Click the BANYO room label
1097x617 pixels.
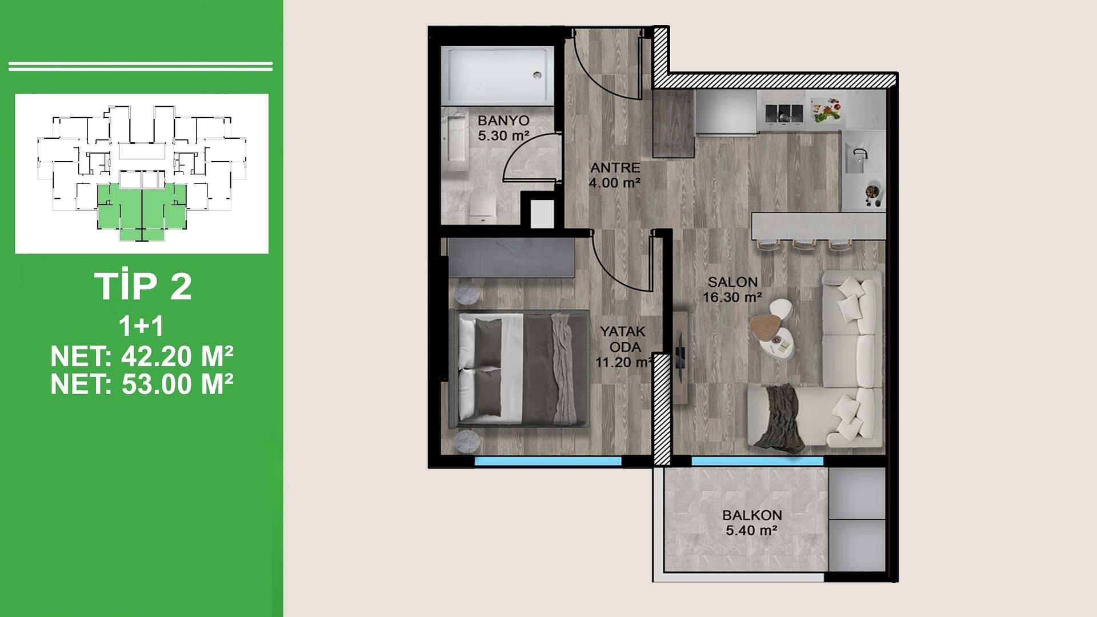[503, 121]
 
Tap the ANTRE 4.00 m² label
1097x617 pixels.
[615, 175]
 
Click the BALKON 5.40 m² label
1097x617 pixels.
[752, 522]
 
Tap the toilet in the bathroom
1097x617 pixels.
[482, 203]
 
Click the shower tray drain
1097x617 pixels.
[537, 75]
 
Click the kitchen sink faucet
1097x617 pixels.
[860, 154]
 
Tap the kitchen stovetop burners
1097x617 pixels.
[784, 113]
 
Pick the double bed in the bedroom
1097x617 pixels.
[519, 368]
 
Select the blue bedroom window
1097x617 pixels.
[548, 461]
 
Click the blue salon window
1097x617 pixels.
[757, 461]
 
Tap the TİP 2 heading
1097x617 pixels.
[143, 286]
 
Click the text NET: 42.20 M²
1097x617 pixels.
[142, 356]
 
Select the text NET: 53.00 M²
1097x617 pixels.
[142, 384]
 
